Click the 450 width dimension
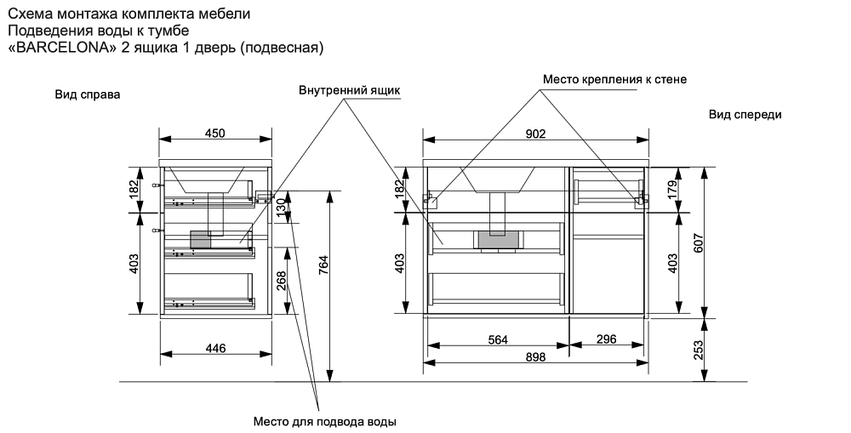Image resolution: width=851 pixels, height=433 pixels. tap(214, 133)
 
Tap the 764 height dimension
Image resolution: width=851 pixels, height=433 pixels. tap(323, 265)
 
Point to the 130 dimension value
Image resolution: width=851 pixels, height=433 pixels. tap(280, 207)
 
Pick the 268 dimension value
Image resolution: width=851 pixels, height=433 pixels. tap(280, 282)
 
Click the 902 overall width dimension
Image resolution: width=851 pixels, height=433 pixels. tap(535, 133)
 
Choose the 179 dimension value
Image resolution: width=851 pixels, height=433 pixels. tap(671, 188)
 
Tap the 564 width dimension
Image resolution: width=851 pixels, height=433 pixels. tap(498, 339)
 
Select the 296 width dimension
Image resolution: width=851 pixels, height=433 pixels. tap(606, 339)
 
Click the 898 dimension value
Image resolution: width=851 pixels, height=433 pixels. tap(535, 358)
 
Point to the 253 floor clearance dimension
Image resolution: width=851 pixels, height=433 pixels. tap(698, 350)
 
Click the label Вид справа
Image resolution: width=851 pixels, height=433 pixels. tap(88, 94)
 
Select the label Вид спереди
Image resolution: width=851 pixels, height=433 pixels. tap(745, 114)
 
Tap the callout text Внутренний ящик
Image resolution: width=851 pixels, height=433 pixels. tap(349, 89)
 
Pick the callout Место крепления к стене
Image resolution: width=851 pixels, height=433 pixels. tap(614, 79)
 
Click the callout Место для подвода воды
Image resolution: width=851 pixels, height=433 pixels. tap(326, 421)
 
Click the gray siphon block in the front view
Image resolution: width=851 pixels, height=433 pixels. tap(497, 240)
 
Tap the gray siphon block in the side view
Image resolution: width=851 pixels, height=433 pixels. tap(201, 239)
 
